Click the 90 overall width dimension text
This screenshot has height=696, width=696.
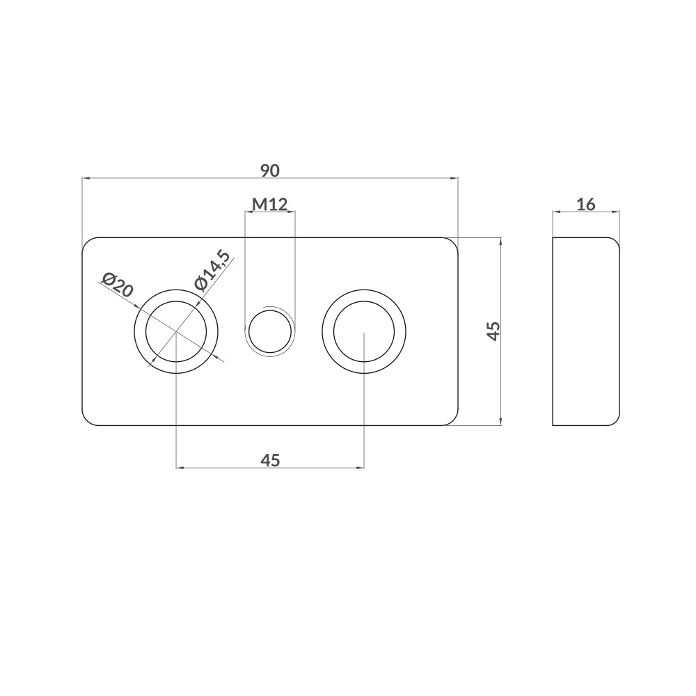tap(270, 171)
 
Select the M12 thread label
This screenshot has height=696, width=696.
tap(270, 204)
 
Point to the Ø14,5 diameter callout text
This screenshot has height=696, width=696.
tap(212, 271)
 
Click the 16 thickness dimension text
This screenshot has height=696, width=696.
tap(585, 205)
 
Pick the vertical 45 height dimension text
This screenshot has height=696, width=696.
tap(493, 331)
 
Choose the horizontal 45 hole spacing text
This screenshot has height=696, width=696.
tap(270, 460)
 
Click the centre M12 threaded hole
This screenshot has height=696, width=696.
tap(270, 331)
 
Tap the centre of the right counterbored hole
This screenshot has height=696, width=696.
tap(364, 331)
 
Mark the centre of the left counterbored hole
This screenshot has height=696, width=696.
tap(176, 331)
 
